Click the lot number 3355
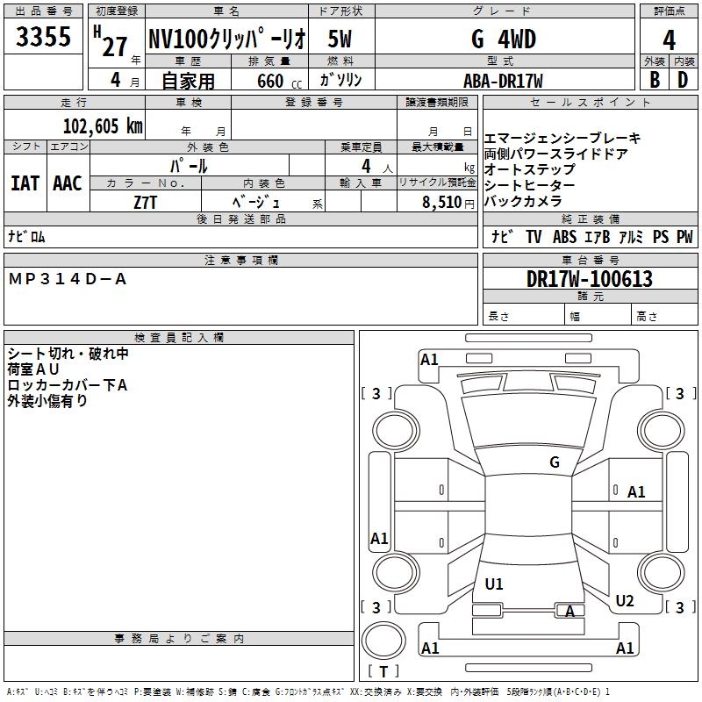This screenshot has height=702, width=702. pos(43,36)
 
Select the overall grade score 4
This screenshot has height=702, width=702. pos(669,40)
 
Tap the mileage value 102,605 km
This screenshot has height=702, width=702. pos(103,126)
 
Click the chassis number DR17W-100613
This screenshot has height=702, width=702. pos(589,279)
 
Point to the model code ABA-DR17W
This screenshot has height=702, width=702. pos(503,81)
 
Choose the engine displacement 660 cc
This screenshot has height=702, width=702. pos(279,81)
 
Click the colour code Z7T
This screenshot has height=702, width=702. pos(146,203)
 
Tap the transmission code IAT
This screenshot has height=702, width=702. pos(25,183)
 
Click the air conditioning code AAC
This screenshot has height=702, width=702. pos(68,183)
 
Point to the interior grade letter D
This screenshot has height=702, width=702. pos(683,80)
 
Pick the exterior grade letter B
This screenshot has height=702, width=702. pos(655,80)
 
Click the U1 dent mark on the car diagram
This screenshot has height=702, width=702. pos(494,584)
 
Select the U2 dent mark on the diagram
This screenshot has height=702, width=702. pos(625,601)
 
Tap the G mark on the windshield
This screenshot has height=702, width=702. pos(555,462)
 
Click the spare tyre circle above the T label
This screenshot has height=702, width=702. pos(383,641)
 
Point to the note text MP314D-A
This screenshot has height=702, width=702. pos(68,279)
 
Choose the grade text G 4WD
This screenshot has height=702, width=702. pos(504,39)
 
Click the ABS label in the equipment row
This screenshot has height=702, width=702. pos(564,237)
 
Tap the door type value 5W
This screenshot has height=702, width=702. pos(340,39)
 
